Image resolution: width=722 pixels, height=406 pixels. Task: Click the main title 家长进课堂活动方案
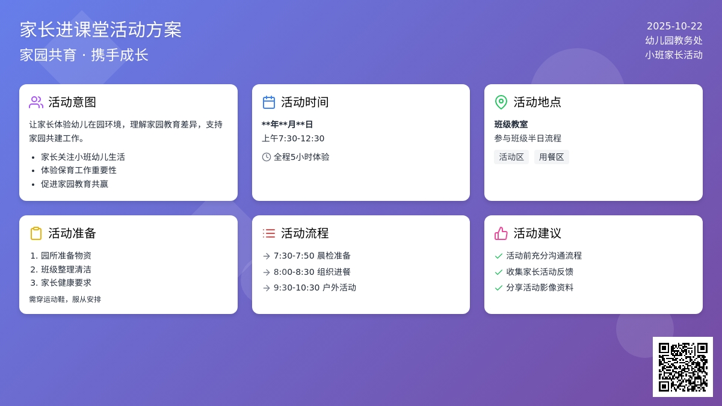point(100,29)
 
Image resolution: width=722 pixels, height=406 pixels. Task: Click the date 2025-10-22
point(674,26)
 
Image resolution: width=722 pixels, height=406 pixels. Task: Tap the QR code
point(683,367)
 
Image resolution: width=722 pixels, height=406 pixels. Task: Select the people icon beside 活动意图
point(36,102)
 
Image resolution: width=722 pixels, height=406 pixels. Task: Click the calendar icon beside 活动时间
point(269,102)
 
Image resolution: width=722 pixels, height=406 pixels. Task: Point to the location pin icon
point(501,102)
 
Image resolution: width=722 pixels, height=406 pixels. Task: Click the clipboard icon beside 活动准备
point(36,233)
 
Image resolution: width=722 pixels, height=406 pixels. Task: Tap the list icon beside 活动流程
point(269,233)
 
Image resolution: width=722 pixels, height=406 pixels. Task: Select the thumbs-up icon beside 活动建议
point(501,233)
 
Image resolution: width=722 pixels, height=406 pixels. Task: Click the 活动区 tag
point(511,157)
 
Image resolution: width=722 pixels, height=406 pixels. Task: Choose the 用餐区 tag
point(552,157)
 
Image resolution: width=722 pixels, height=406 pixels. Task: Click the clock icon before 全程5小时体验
point(267,157)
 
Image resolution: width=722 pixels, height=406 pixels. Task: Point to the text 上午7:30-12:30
point(293,138)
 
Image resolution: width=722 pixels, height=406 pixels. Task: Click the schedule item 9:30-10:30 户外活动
point(315,288)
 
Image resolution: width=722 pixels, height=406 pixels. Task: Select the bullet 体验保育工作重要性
point(79,170)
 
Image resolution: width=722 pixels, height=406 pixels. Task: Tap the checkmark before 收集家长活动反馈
point(499,272)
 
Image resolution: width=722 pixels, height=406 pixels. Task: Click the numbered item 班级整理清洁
point(66,269)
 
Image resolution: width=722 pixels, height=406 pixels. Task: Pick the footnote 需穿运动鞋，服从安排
point(65,299)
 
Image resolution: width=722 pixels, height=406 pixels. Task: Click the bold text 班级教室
point(511,125)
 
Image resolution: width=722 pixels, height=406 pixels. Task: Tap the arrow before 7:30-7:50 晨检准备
point(267,256)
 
